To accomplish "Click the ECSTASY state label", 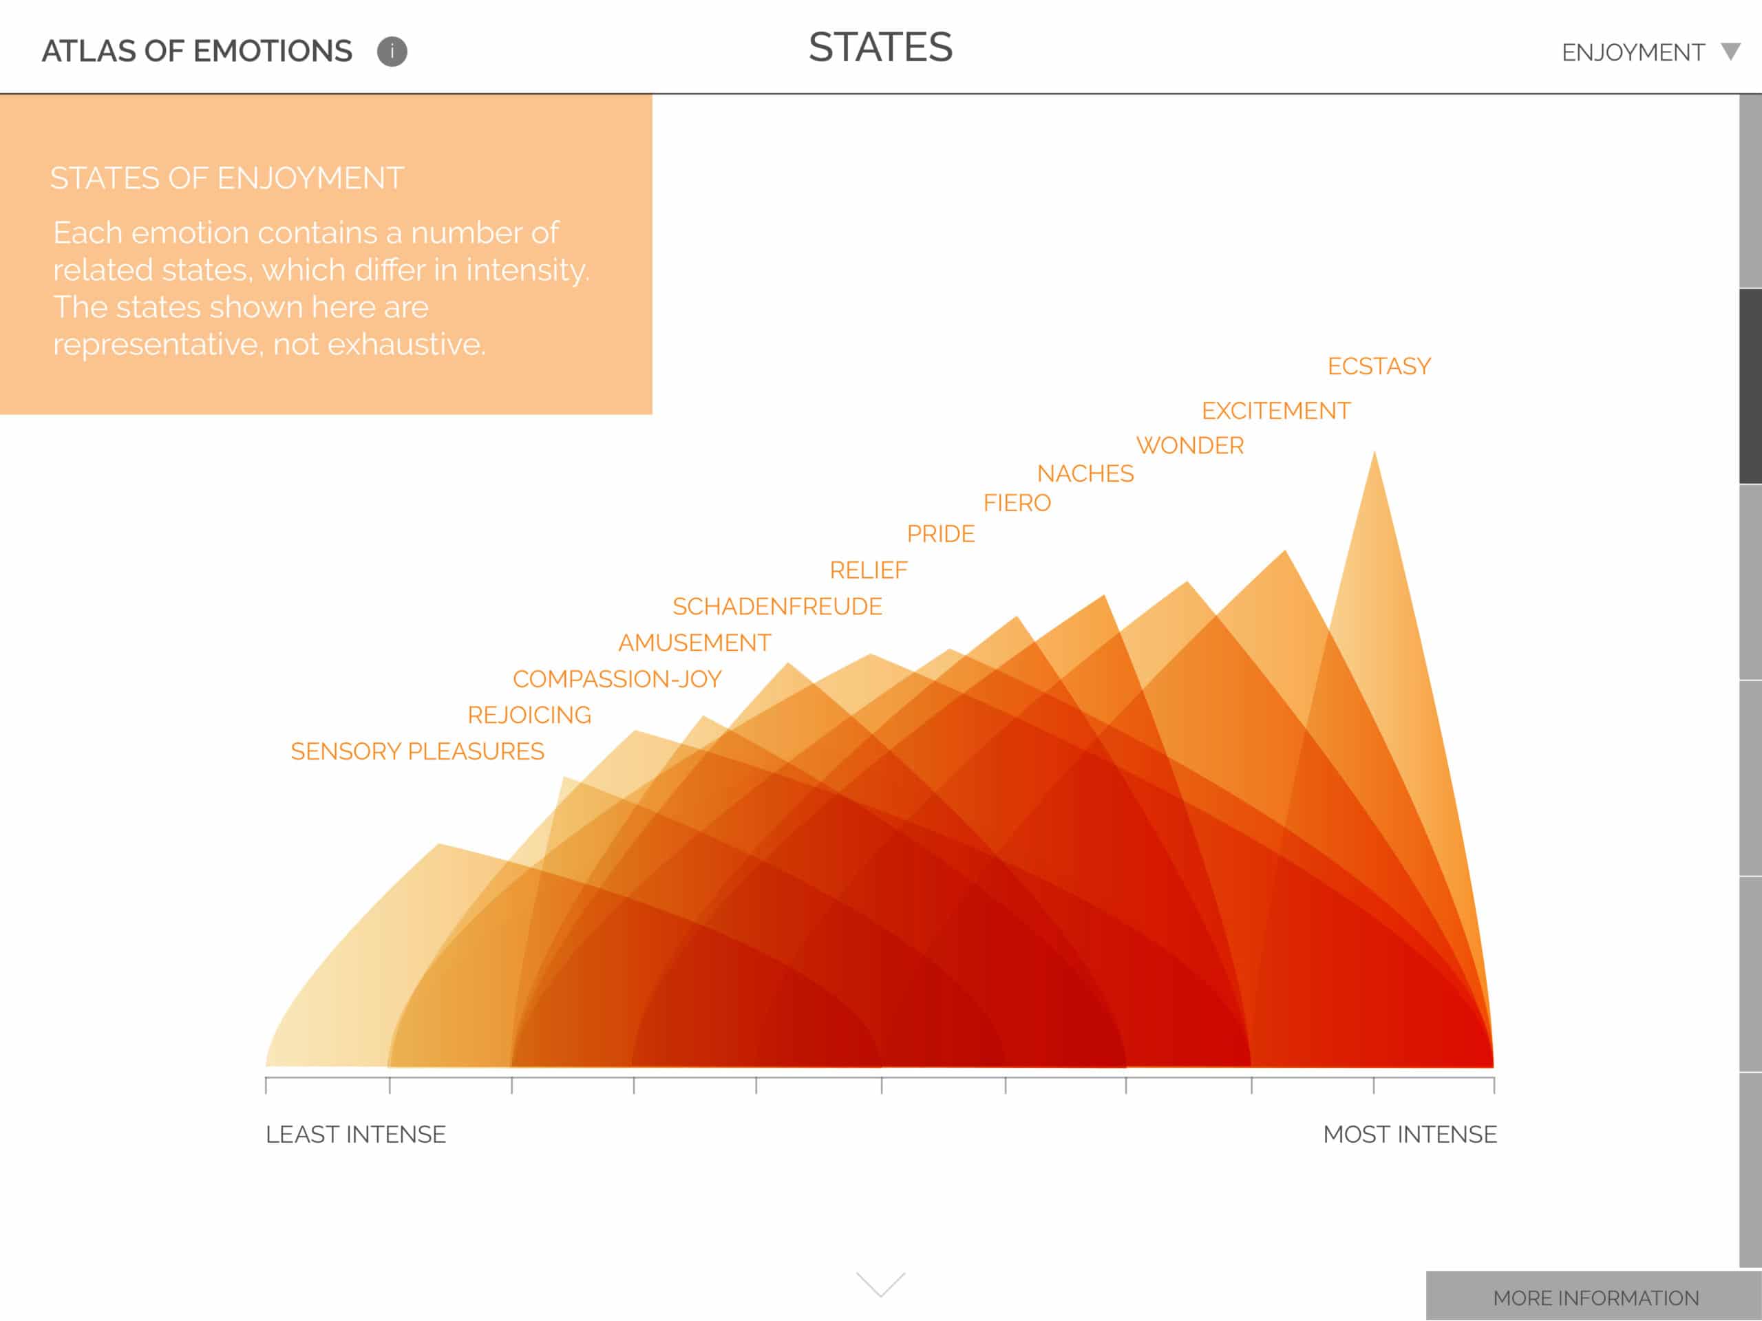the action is click(x=1379, y=366).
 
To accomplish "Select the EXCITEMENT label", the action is click(x=1276, y=411).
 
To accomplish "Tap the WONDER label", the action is click(x=1189, y=445).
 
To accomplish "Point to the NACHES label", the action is click(x=1085, y=474).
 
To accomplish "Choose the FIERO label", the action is click(x=1017, y=503).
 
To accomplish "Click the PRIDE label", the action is click(x=941, y=533).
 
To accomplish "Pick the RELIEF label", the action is click(x=868, y=570).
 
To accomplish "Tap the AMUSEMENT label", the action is click(x=694, y=643).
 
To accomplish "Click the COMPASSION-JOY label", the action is click(x=617, y=679).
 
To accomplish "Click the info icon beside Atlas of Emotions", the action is click(x=392, y=52).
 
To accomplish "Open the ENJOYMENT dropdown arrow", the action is click(x=1730, y=52).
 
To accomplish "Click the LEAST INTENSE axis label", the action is click(x=355, y=1134).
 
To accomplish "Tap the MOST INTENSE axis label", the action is click(x=1410, y=1134).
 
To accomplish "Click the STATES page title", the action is click(x=880, y=47).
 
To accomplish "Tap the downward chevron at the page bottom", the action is click(x=880, y=1285).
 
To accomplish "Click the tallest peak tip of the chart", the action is click(x=1374, y=452).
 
